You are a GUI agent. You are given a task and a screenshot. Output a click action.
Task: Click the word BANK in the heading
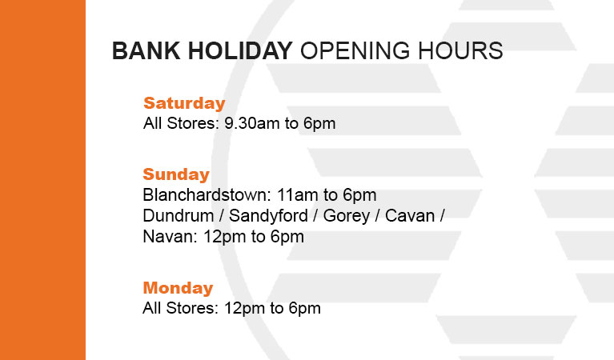coord(146,51)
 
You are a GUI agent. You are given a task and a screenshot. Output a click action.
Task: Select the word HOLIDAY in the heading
coord(240,51)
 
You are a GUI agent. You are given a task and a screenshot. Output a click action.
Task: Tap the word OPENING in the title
coord(355,51)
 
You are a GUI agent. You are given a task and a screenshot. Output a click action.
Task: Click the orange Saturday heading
coord(184,103)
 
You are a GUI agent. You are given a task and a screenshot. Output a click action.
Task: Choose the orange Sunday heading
coord(176,174)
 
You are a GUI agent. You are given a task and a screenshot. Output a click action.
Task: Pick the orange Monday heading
coord(178,288)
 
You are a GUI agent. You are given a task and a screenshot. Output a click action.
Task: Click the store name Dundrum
coord(179,216)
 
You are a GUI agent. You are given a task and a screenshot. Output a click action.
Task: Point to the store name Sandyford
coord(268,216)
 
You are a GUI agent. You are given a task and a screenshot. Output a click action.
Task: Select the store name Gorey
coord(346,216)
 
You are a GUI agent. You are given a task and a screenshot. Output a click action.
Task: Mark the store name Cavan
coord(410,216)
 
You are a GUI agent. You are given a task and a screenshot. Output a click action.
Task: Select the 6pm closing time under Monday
coord(305,309)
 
